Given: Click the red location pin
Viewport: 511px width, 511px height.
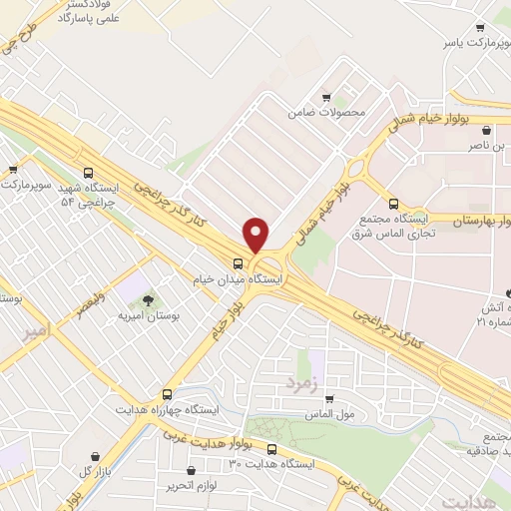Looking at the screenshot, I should click(x=256, y=234).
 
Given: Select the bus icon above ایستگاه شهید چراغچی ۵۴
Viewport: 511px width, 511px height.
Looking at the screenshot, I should click(x=90, y=172).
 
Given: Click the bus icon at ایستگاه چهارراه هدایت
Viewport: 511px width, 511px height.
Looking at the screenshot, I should click(x=166, y=394).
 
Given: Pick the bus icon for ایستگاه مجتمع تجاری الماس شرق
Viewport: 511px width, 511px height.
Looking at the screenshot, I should click(x=392, y=202).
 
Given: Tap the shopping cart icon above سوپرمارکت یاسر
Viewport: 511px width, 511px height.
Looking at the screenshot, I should click(x=480, y=28).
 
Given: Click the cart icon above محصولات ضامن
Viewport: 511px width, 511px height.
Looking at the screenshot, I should click(x=326, y=99).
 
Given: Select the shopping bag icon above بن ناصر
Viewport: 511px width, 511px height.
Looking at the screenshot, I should click(x=486, y=131).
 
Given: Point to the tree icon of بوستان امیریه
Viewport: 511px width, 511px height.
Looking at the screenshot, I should click(x=148, y=299).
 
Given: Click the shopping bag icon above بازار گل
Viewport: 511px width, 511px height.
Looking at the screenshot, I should click(x=96, y=455).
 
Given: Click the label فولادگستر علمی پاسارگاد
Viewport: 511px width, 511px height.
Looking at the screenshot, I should click(x=65, y=11).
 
